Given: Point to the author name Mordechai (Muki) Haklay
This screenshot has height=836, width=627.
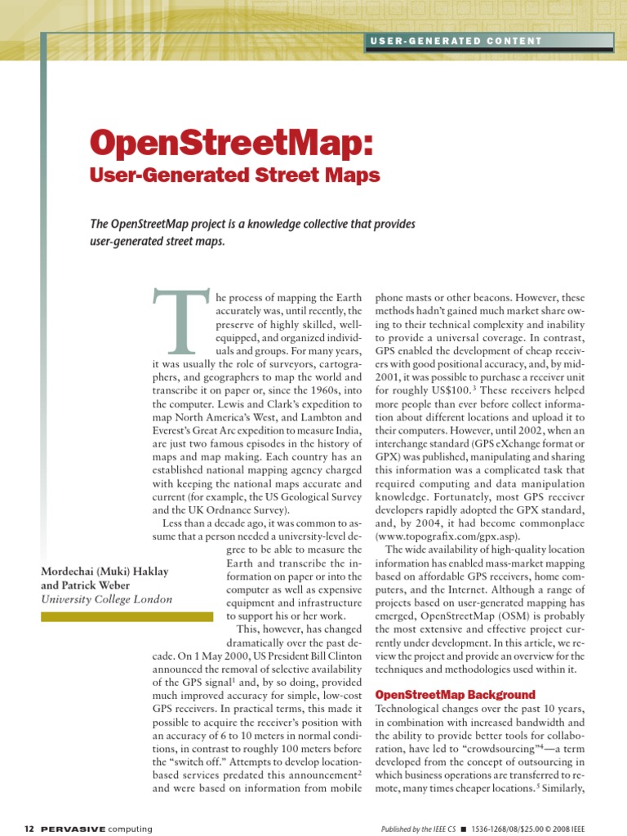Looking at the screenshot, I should (104, 571).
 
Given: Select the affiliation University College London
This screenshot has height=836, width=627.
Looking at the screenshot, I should (106, 599).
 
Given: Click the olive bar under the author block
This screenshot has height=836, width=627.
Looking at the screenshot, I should (127, 617).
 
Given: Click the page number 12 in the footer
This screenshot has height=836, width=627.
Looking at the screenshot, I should (29, 829).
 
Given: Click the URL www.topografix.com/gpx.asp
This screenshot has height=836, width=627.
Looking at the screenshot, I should (447, 536).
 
